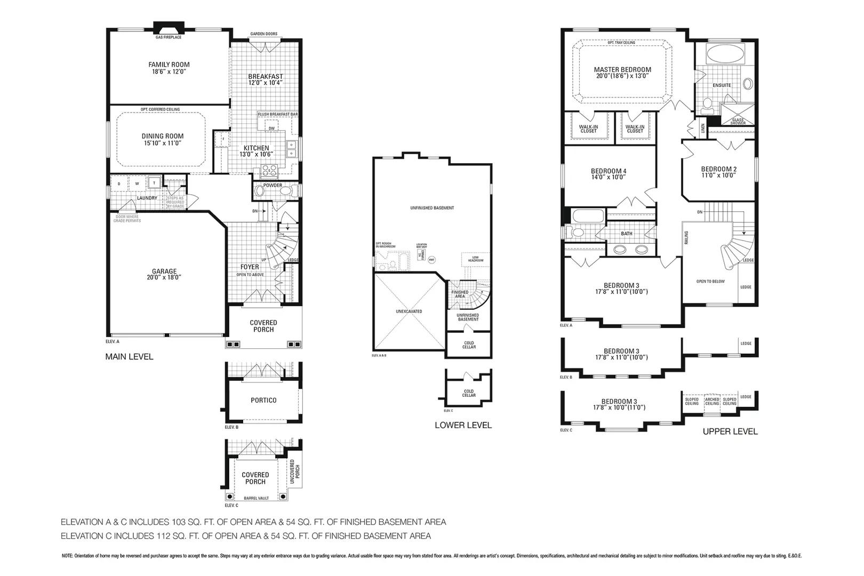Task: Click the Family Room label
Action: (x=169, y=65)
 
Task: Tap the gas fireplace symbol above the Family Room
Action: (x=169, y=28)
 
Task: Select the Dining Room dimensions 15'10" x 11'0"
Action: (x=163, y=143)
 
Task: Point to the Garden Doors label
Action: (x=263, y=34)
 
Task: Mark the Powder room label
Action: (x=273, y=185)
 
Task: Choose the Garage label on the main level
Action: (x=164, y=271)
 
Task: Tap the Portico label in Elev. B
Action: (x=263, y=400)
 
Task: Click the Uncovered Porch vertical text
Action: (x=295, y=472)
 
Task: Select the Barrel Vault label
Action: (x=256, y=498)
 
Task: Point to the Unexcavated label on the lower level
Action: (x=409, y=311)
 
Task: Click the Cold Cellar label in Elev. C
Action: (x=468, y=393)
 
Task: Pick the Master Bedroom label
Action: (x=622, y=69)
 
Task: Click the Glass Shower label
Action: (x=738, y=122)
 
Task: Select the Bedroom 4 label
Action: (x=609, y=171)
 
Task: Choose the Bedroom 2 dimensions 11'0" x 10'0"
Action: (x=718, y=175)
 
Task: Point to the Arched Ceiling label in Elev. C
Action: (x=712, y=401)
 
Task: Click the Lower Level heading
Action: (x=463, y=425)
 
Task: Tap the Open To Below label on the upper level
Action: (x=710, y=281)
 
